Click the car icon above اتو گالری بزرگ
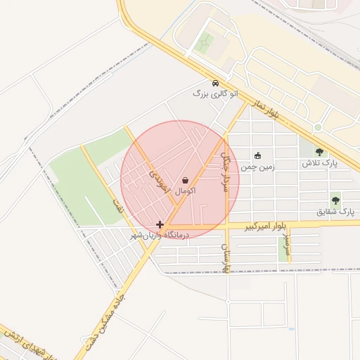(x=214, y=82)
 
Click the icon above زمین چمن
(x=258, y=156)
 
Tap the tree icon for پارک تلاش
(x=320, y=152)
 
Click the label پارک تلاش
(x=320, y=163)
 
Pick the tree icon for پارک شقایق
(x=335, y=200)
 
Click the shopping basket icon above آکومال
(x=185, y=180)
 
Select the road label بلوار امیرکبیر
(x=265, y=226)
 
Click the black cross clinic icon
(x=160, y=225)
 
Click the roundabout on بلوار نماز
(x=317, y=127)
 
